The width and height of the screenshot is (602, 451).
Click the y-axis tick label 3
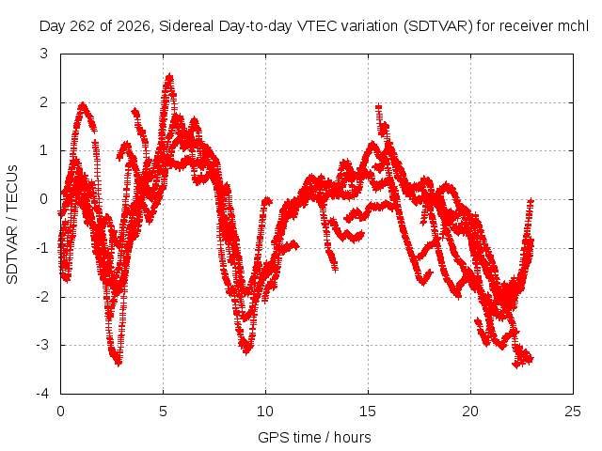click(x=44, y=54)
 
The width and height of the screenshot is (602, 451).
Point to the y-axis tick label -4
click(x=42, y=394)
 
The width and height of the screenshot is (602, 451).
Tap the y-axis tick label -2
click(x=42, y=297)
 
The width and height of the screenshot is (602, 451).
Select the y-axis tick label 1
click(x=44, y=150)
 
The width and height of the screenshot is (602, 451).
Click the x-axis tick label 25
click(x=573, y=412)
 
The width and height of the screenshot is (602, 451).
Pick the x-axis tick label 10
click(x=265, y=412)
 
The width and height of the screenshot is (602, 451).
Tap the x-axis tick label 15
click(x=368, y=412)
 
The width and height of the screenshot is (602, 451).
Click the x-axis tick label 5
click(x=163, y=412)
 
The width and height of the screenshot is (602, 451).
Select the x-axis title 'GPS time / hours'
click(x=314, y=437)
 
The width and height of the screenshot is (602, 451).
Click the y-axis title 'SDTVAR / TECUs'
click(x=12, y=225)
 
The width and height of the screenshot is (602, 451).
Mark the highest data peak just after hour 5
click(x=169, y=76)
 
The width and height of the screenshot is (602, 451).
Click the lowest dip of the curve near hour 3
click(x=119, y=363)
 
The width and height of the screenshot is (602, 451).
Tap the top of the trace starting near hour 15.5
click(x=379, y=106)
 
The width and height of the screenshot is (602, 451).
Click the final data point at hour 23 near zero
click(x=531, y=200)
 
